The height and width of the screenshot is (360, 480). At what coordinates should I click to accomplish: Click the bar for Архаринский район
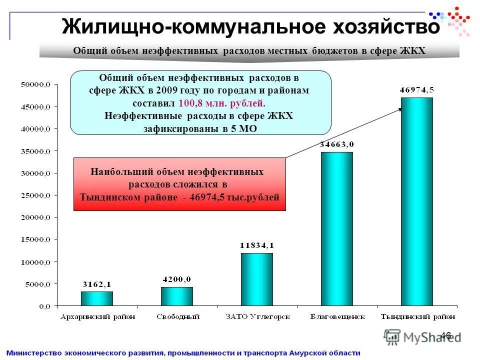coord(97,298)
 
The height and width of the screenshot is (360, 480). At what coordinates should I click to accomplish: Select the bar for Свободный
coord(176,296)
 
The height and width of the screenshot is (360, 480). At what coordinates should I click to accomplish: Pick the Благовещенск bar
coord(336,228)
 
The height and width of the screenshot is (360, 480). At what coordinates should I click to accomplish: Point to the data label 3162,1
coord(97,284)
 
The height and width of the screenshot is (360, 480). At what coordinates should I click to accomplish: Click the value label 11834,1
coord(256,245)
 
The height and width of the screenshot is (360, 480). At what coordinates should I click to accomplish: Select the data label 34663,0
coord(336,144)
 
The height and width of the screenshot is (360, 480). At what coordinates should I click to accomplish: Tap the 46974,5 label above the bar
coord(416,90)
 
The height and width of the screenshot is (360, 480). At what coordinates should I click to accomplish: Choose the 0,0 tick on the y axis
coord(44,305)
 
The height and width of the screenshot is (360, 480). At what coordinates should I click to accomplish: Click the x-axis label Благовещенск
coord(336,316)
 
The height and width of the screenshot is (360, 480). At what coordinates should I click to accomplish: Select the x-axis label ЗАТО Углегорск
coord(256,316)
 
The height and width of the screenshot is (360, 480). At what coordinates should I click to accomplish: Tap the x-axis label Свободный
coord(177,316)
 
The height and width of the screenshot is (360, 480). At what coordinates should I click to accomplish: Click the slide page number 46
coord(446,335)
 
